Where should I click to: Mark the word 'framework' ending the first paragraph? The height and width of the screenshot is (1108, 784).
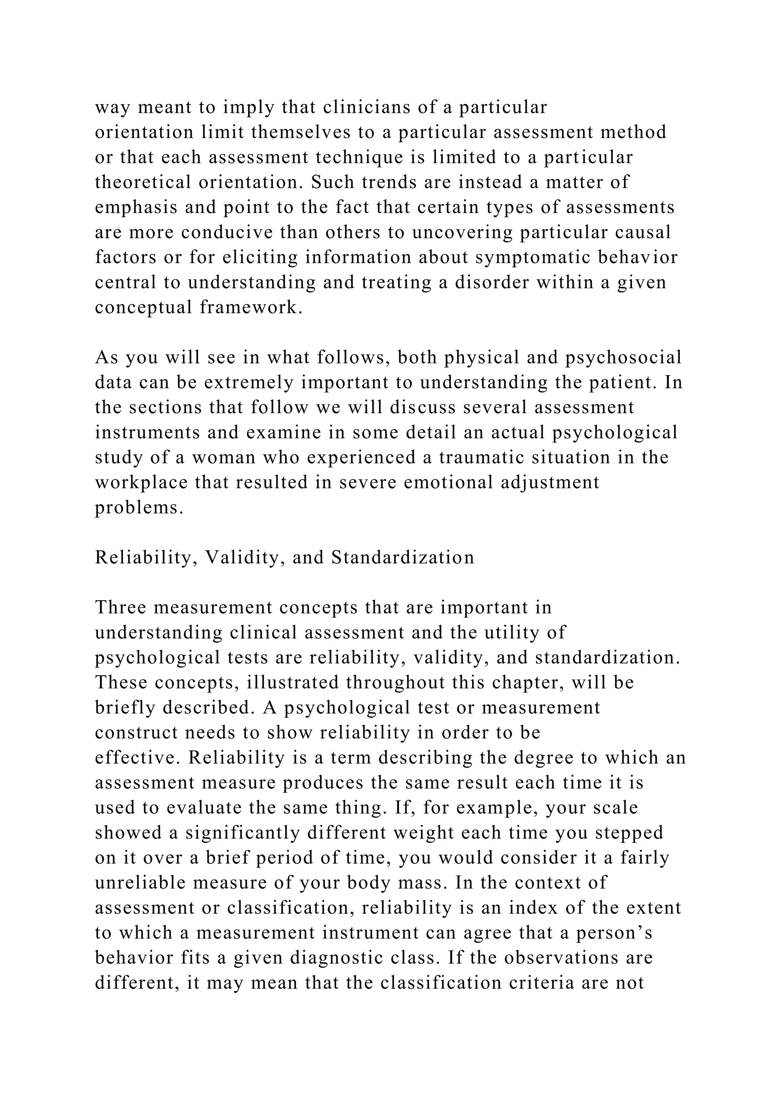(x=248, y=307)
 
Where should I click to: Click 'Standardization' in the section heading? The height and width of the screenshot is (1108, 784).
(x=403, y=557)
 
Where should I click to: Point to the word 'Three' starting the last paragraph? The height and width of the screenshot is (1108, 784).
(x=120, y=608)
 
